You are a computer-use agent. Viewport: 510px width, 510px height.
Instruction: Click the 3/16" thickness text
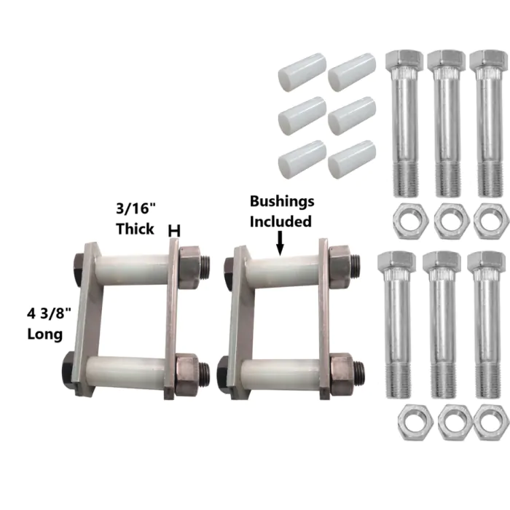[136, 208]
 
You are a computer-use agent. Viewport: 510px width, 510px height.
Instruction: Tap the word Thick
[135, 229]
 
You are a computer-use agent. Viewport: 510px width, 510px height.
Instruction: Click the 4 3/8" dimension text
[49, 314]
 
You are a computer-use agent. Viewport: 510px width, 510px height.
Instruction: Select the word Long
[45, 334]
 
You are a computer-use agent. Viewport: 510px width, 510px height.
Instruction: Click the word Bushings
[282, 202]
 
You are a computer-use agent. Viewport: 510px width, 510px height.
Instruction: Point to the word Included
[280, 221]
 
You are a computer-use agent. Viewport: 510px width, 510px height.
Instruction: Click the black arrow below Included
[280, 243]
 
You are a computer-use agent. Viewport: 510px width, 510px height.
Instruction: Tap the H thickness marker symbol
[174, 231]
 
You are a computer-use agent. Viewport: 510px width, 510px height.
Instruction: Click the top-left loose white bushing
[302, 72]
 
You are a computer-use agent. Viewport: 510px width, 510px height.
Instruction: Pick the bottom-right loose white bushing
[352, 160]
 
